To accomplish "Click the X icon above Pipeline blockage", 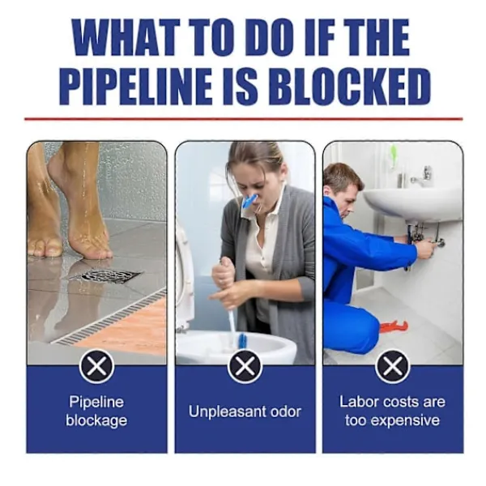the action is coord(96,367).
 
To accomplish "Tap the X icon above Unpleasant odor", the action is coord(245,367).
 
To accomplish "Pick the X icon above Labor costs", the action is coord(393,367).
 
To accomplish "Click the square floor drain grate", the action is coord(106,275).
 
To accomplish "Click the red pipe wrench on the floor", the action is coord(394,326).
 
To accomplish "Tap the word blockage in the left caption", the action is coord(96,421).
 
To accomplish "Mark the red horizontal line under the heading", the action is coord(244,119).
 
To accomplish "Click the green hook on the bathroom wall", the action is coord(394,156).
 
